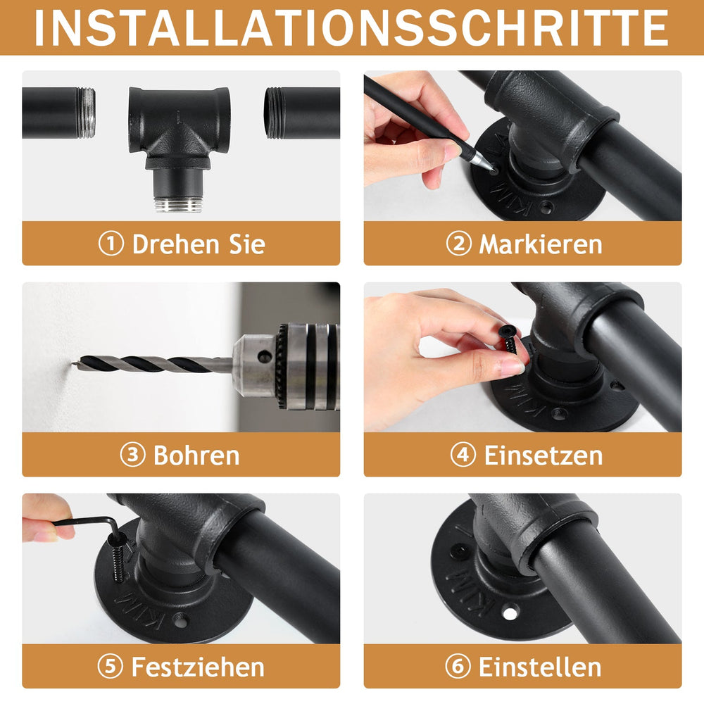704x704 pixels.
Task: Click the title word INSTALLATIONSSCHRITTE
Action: [351, 27]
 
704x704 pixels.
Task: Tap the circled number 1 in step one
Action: [111, 244]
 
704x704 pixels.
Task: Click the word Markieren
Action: [541, 245]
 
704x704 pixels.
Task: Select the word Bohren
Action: [196, 455]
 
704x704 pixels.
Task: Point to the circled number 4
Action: [463, 455]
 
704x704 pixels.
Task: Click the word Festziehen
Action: [198, 667]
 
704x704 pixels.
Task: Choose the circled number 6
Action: [458, 666]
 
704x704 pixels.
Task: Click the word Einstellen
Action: [540, 667]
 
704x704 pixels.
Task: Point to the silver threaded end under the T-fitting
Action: [178, 203]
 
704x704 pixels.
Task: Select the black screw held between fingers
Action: [509, 339]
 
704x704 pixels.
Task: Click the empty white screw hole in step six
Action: [510, 612]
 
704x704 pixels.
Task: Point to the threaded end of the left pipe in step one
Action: [86, 113]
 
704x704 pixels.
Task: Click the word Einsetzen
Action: [543, 455]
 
